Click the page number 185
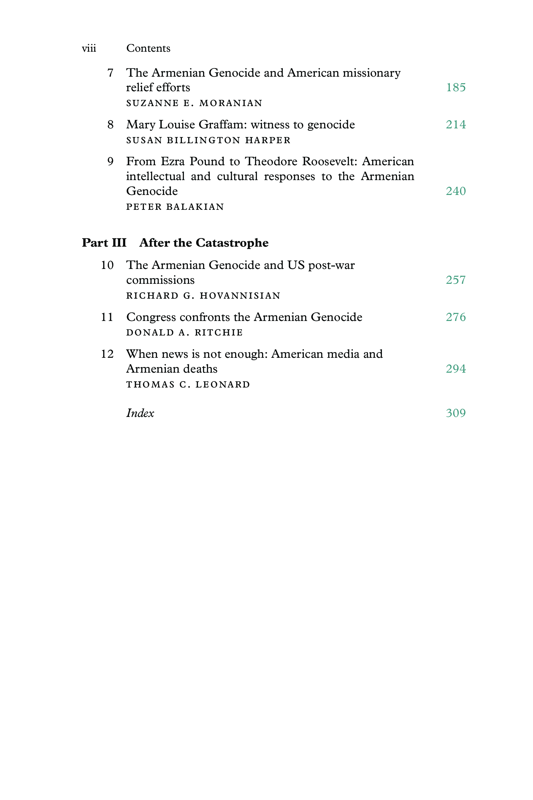click(456, 87)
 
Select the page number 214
click(456, 125)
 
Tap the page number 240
click(456, 191)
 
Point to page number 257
click(456, 280)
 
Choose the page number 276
click(456, 317)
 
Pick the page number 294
click(456, 369)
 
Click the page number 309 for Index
click(456, 413)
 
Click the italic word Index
click(140, 413)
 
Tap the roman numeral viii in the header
click(89, 48)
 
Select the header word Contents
click(148, 48)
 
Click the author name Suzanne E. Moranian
click(194, 103)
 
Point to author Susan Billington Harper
click(208, 140)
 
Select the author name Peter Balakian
click(175, 207)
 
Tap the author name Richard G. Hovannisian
click(203, 296)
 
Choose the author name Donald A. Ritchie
click(185, 333)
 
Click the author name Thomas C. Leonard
click(188, 385)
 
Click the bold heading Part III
click(104, 243)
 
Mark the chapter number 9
click(110, 161)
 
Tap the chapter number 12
click(107, 354)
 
